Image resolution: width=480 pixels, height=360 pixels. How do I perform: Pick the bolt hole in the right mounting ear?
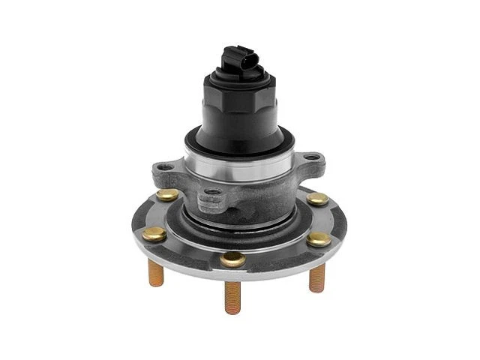coord(310,159)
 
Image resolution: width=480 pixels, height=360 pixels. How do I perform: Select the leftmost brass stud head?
coord(154,233)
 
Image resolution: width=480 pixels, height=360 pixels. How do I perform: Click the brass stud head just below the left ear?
coord(169,195)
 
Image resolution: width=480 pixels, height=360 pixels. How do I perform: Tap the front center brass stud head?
coord(233,259)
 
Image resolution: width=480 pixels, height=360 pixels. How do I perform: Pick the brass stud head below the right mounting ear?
coord(318,199)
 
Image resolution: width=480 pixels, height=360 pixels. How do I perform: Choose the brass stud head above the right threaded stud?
coord(319,239)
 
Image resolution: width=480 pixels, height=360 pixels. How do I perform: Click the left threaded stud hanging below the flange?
coord(156,273)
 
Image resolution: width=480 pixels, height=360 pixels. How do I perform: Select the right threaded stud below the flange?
coord(317,277)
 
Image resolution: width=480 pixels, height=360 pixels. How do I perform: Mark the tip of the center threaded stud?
coord(233,310)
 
